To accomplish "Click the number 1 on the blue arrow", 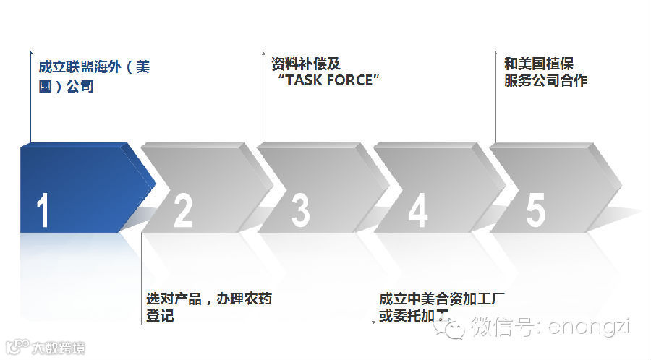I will click(x=43, y=211).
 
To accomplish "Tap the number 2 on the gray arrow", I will click(x=183, y=211).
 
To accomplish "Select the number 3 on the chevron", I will click(x=300, y=211).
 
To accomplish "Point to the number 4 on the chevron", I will click(x=418, y=211).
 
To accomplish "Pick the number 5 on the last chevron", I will click(x=535, y=211).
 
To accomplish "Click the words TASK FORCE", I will click(x=332, y=80).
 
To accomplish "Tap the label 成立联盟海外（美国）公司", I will click(x=94, y=77).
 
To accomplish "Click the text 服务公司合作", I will click(x=545, y=81).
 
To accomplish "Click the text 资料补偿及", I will click(x=301, y=63).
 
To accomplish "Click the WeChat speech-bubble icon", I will click(x=454, y=329).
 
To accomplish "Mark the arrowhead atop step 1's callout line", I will click(x=30, y=52).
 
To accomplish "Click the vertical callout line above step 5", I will click(x=495, y=101).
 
